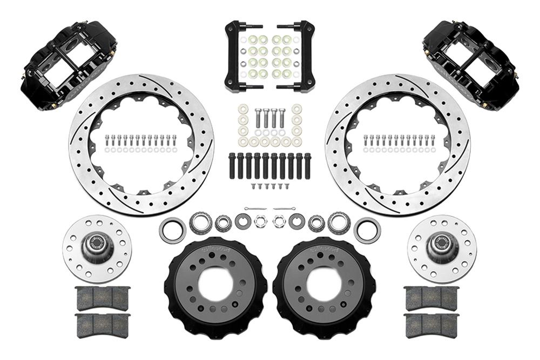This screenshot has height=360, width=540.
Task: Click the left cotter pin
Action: point(254,208)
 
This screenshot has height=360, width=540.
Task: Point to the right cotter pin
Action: point(284,208)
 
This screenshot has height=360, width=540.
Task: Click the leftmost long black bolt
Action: point(232,166)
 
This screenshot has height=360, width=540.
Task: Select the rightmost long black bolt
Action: point(307,166)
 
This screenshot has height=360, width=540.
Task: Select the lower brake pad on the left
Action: point(103,325)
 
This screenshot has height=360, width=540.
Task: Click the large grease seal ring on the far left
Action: point(172,230)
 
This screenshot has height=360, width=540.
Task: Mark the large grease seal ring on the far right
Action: point(367,230)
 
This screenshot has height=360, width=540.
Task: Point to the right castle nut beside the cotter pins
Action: point(279,221)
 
